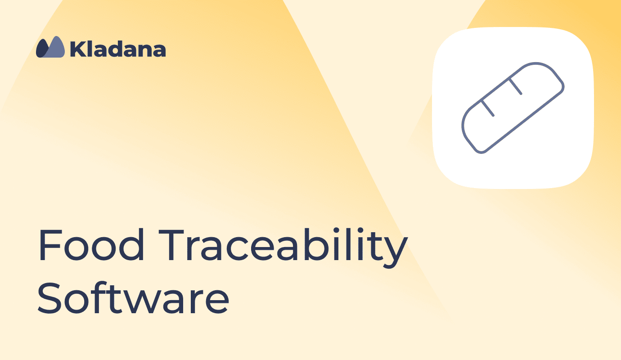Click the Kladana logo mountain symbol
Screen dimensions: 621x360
[50, 47]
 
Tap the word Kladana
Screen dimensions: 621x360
[118, 49]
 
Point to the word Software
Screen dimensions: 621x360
[133, 297]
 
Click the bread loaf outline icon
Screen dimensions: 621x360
[513, 108]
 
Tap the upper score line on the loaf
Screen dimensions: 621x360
[515, 86]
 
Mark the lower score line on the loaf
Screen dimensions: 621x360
[488, 108]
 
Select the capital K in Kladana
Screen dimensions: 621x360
[78, 49]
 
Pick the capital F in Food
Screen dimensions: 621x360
[50, 245]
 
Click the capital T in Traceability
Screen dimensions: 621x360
[171, 245]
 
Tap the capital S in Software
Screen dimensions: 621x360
[49, 297]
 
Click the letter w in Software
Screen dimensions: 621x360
[141, 302]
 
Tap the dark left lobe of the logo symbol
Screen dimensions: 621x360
[42, 48]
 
